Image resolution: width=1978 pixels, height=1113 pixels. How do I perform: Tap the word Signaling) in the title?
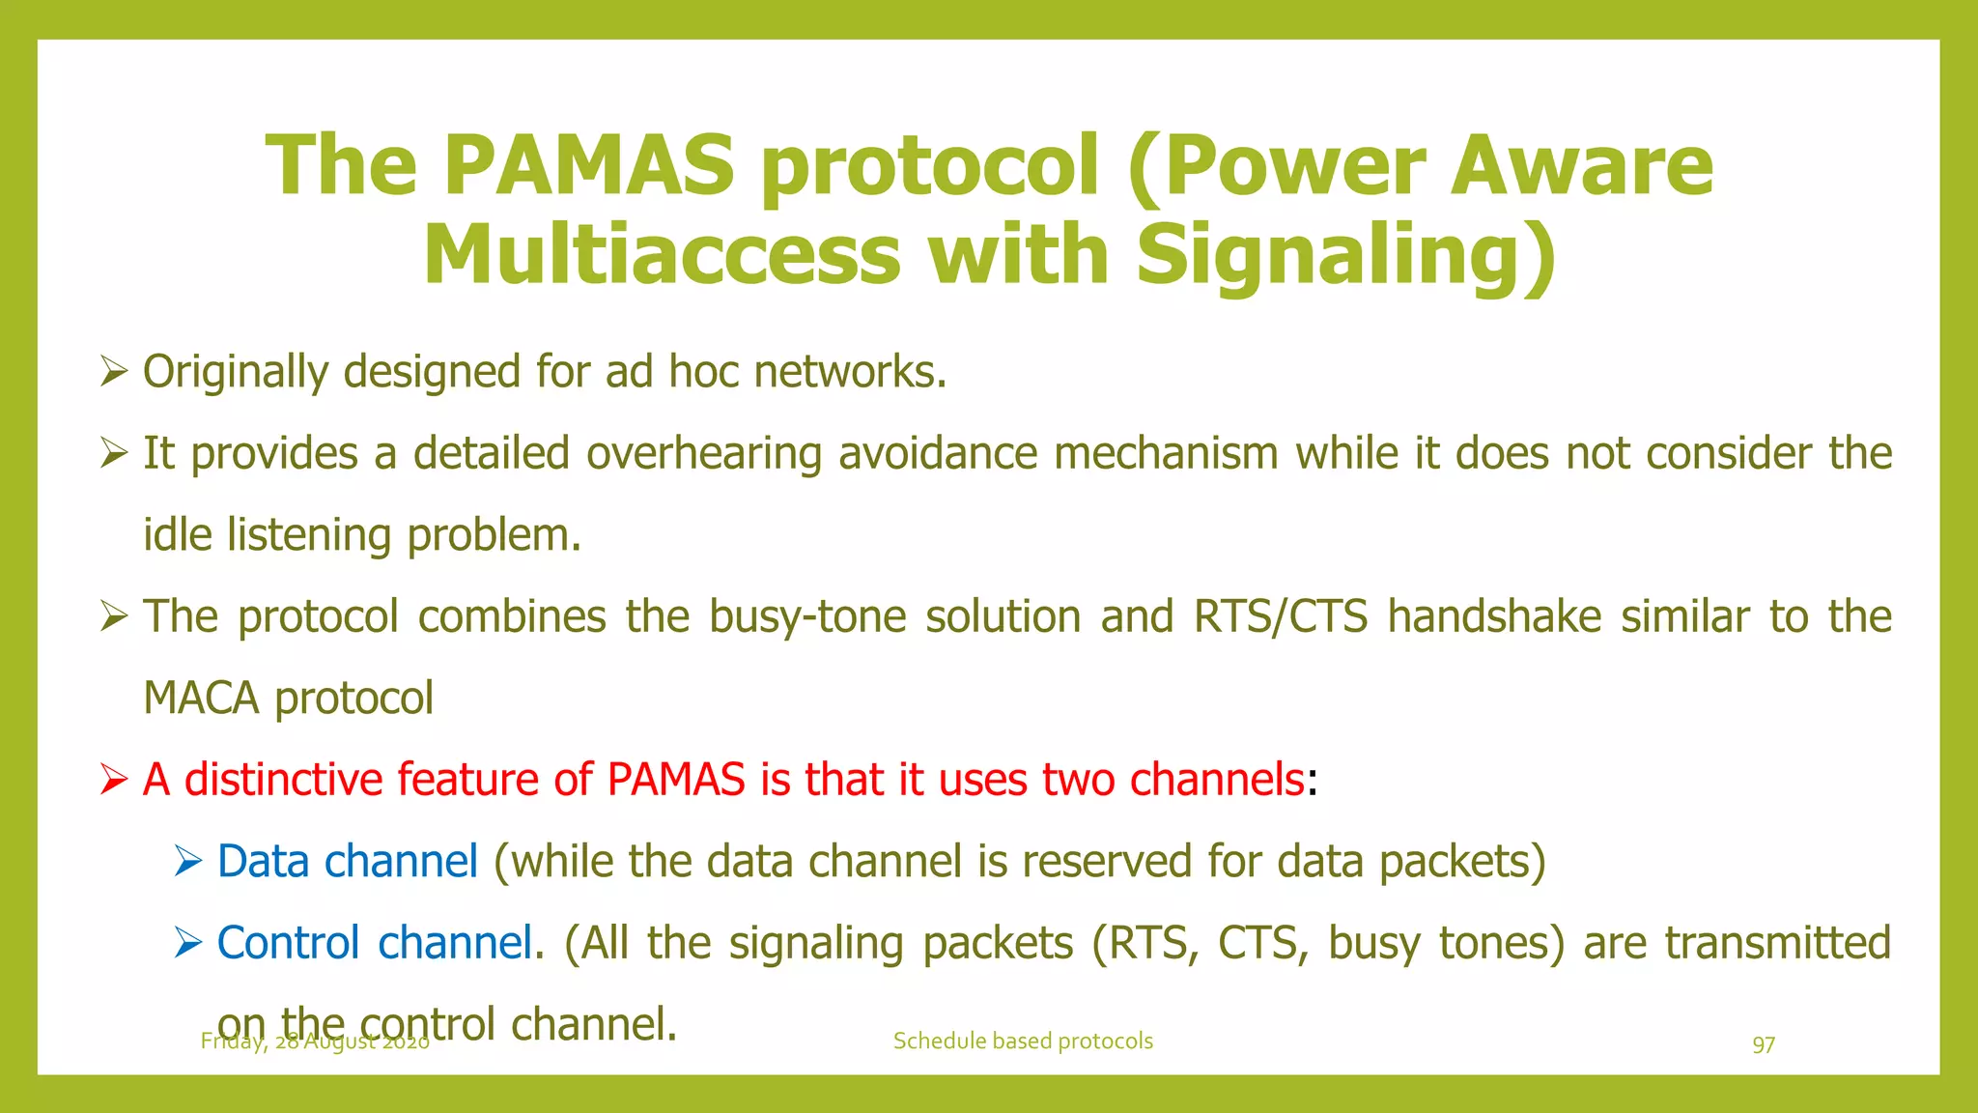(1345, 255)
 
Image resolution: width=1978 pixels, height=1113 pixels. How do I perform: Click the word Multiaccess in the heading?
(662, 255)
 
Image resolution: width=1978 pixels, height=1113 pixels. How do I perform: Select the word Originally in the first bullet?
(236, 373)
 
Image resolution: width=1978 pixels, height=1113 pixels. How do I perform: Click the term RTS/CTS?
(1280, 617)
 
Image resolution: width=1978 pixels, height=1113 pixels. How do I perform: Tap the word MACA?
(201, 699)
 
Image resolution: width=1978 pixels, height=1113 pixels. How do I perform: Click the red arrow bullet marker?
(114, 780)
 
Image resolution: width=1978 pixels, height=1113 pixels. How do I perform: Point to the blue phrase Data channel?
(347, 861)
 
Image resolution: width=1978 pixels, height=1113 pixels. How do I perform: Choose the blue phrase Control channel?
(374, 943)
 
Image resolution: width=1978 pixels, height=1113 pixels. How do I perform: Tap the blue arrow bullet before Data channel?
(188, 861)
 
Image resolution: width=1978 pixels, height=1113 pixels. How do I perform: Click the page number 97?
(1764, 1044)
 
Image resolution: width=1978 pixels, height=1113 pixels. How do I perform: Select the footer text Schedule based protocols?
(1023, 1042)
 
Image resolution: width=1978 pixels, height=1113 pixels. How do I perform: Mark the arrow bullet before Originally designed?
(114, 372)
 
